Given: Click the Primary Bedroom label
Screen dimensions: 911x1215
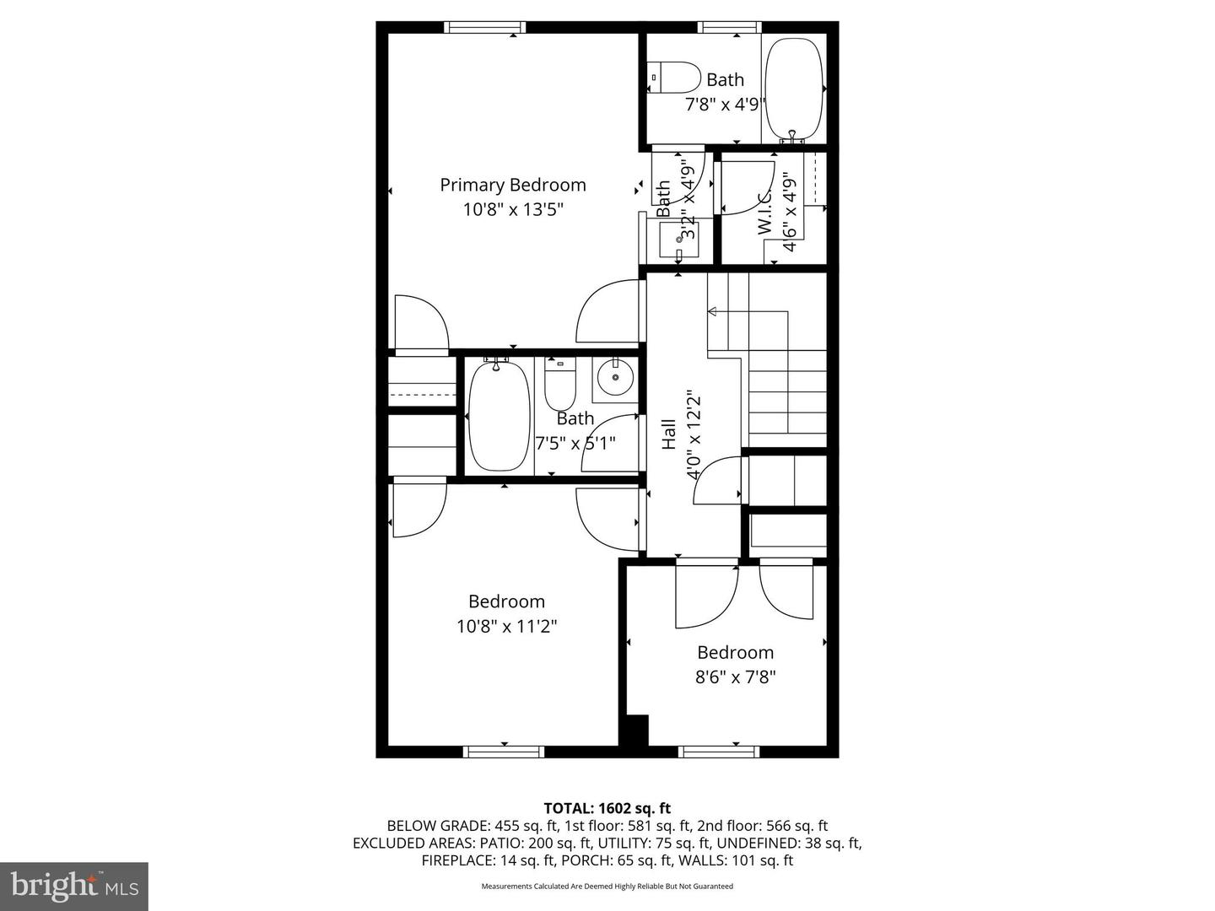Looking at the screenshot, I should tap(512, 185).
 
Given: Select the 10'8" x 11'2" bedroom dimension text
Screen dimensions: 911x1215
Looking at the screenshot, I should tap(506, 627).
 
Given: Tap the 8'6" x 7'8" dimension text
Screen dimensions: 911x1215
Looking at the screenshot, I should tap(735, 677).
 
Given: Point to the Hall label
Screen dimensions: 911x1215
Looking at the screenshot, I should tap(669, 434).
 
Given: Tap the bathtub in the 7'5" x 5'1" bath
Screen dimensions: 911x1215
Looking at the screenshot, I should tap(499, 415).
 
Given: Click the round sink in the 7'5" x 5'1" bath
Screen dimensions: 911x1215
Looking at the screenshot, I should tap(615, 379).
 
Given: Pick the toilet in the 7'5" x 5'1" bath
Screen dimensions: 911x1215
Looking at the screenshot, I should tap(559, 385).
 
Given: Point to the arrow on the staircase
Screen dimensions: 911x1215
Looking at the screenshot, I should tap(712, 312).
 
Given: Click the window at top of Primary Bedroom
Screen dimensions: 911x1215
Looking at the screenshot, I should tap(485, 27).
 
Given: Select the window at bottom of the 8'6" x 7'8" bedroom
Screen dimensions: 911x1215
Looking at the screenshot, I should tap(719, 752).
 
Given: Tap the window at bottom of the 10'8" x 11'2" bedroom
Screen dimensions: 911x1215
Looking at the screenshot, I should tap(504, 752).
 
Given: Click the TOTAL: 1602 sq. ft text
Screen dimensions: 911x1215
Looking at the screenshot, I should tap(607, 808).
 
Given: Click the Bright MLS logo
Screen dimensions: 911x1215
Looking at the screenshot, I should tap(74, 886).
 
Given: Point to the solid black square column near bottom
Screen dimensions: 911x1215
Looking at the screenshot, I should tap(634, 730).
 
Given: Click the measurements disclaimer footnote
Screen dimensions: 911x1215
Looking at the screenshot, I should tap(607, 887).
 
